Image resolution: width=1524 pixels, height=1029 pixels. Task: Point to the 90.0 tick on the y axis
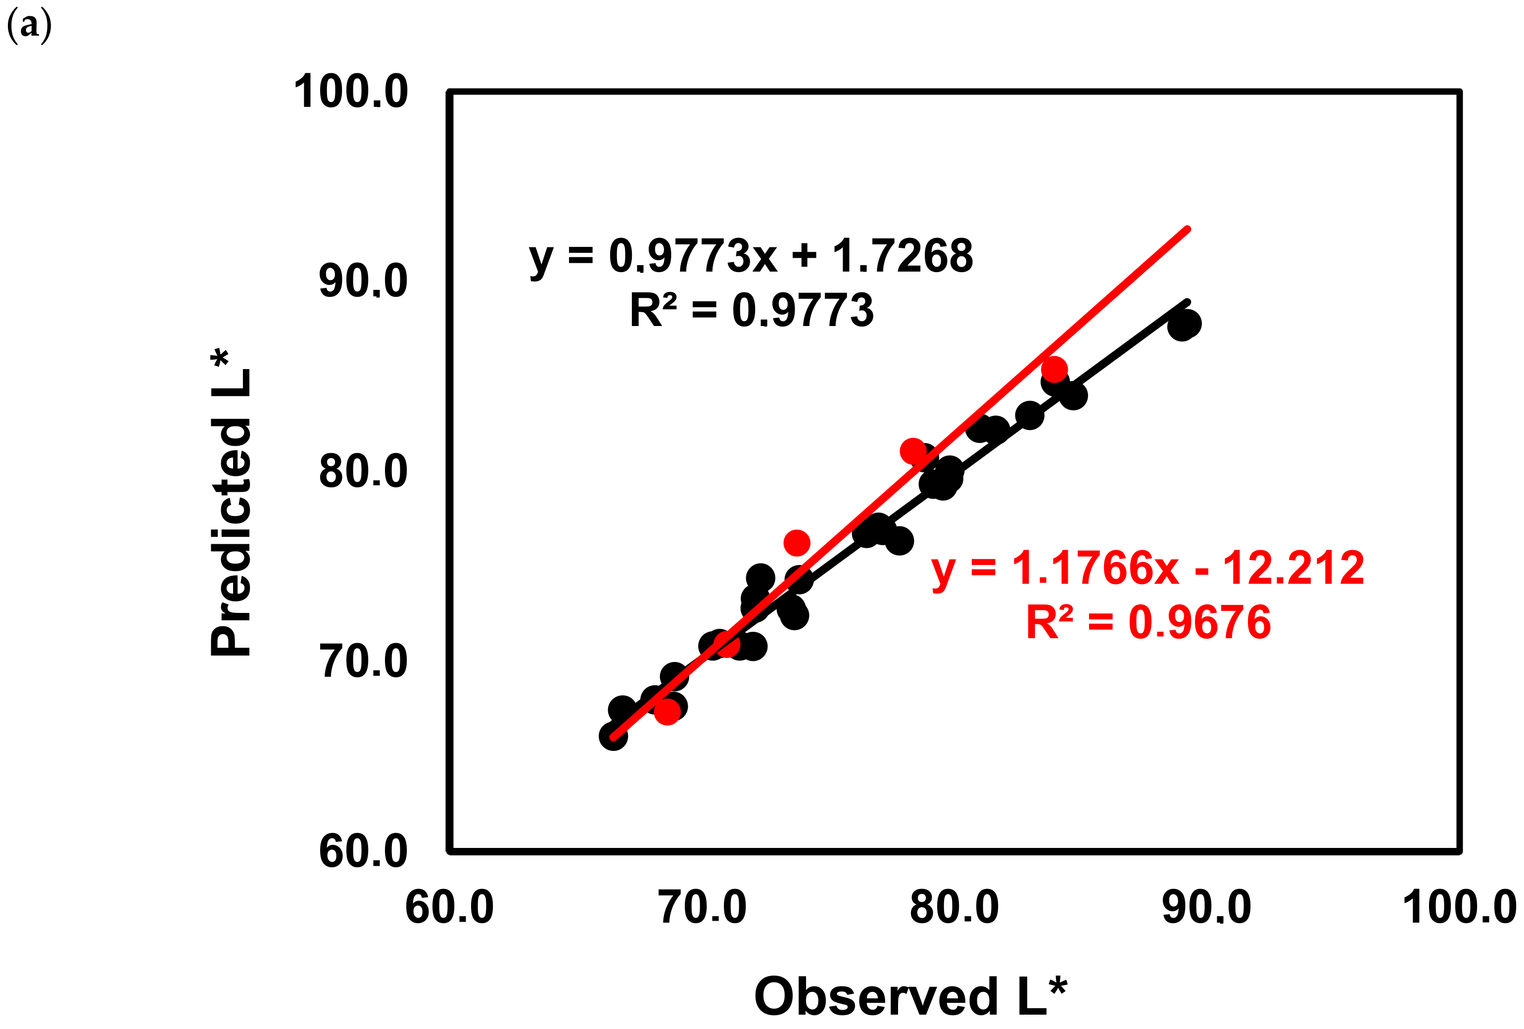tap(363, 281)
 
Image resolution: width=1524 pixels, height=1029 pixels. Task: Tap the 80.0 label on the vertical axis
tap(363, 471)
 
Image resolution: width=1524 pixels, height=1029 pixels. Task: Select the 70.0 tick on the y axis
tap(363, 661)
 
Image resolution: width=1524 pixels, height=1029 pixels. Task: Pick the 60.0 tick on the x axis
tap(449, 908)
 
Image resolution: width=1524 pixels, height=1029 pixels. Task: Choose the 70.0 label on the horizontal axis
tap(702, 908)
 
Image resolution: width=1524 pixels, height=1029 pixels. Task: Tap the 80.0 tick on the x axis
tap(954, 908)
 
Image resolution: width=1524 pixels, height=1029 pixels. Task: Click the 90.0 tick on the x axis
tap(1207, 908)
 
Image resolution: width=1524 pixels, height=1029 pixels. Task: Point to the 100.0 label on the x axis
tap(1459, 908)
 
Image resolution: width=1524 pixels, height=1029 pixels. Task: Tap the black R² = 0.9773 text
tap(752, 310)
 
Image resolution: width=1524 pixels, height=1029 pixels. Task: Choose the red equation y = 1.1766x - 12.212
tap(1147, 568)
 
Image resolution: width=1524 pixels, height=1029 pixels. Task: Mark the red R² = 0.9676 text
tap(1148, 622)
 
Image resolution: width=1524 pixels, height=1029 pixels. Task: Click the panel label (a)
tap(28, 27)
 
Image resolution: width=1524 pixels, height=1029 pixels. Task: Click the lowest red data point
tap(667, 711)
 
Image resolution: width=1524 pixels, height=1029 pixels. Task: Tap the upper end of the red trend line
tap(1188, 229)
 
